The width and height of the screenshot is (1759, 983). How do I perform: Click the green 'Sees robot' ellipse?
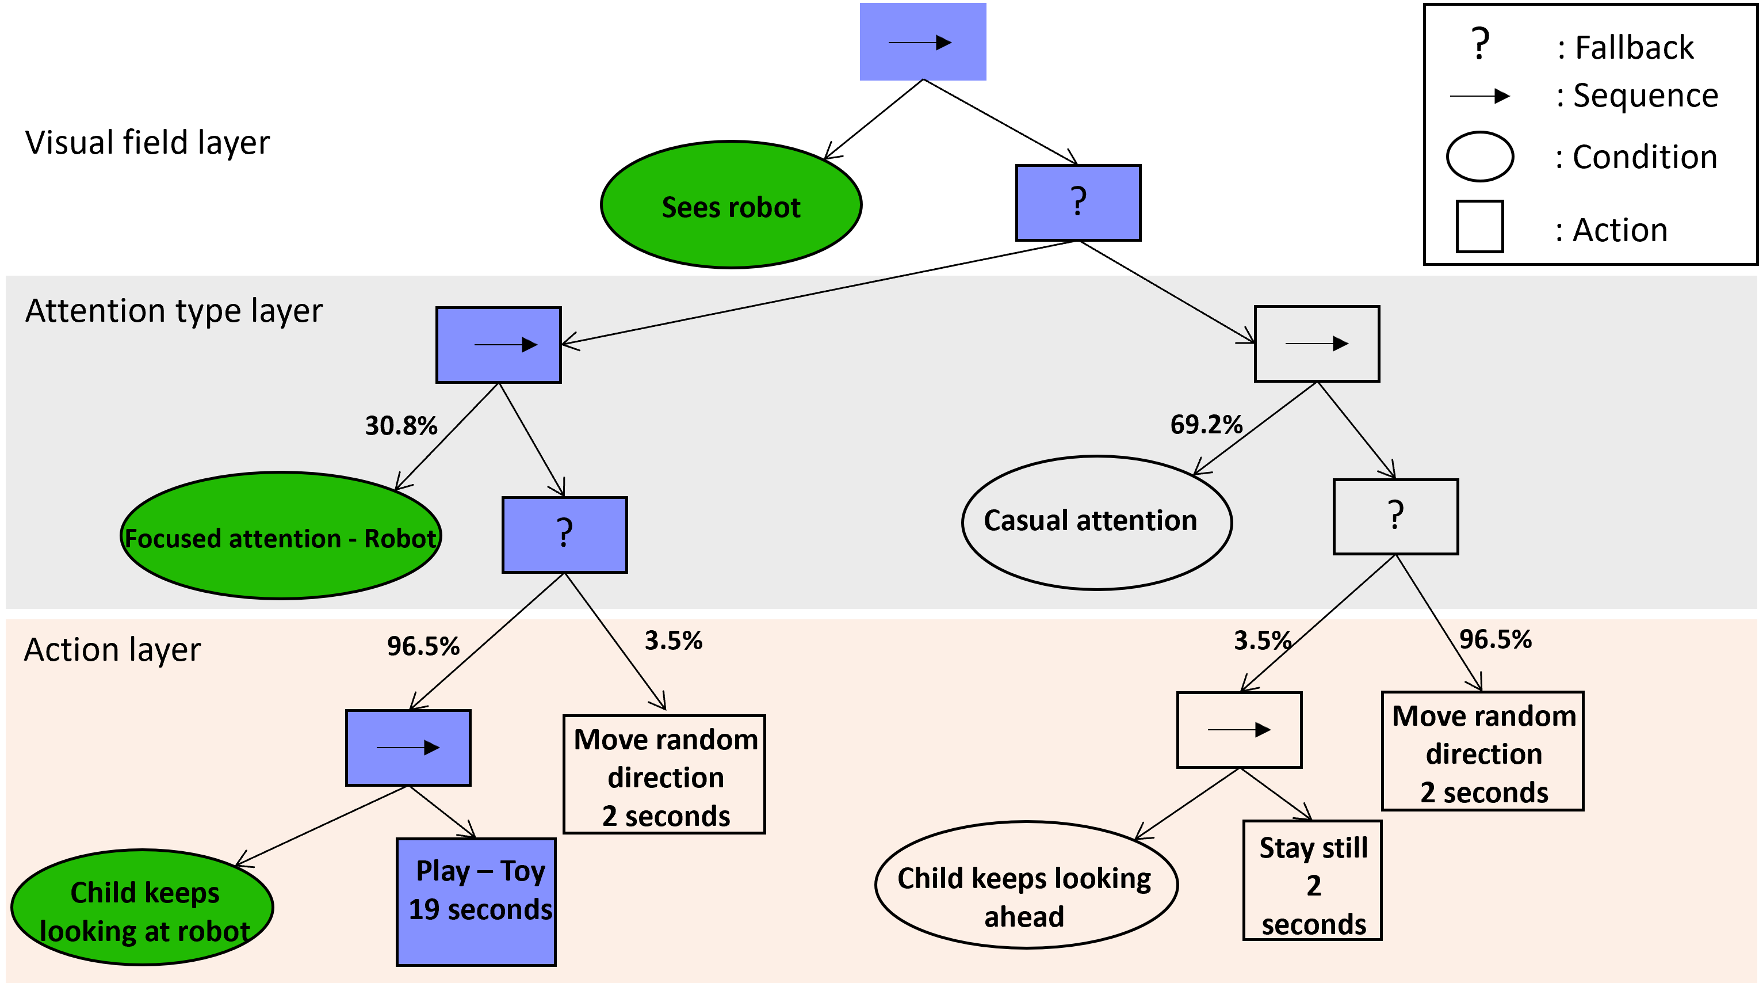731,205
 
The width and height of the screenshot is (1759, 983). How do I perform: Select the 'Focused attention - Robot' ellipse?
281,537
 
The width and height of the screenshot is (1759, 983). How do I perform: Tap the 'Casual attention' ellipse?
1096,522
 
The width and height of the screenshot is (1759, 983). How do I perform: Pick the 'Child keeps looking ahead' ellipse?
1026,885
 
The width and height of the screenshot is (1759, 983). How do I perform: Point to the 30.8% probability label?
401,425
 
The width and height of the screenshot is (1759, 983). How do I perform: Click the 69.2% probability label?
1206,424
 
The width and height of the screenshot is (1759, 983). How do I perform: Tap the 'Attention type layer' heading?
174,311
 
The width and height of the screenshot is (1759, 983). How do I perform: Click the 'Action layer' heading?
112,650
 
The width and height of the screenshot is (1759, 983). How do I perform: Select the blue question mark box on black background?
1078,203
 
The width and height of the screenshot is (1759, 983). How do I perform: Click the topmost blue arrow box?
923,41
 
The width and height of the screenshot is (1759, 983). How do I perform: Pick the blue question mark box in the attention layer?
565,535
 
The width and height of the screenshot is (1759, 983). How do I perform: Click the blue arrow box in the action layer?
408,748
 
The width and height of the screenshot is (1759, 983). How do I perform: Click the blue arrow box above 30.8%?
499,345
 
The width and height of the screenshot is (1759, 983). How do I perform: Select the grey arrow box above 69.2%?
1317,344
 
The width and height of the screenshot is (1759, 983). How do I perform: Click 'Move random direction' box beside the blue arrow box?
664,775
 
